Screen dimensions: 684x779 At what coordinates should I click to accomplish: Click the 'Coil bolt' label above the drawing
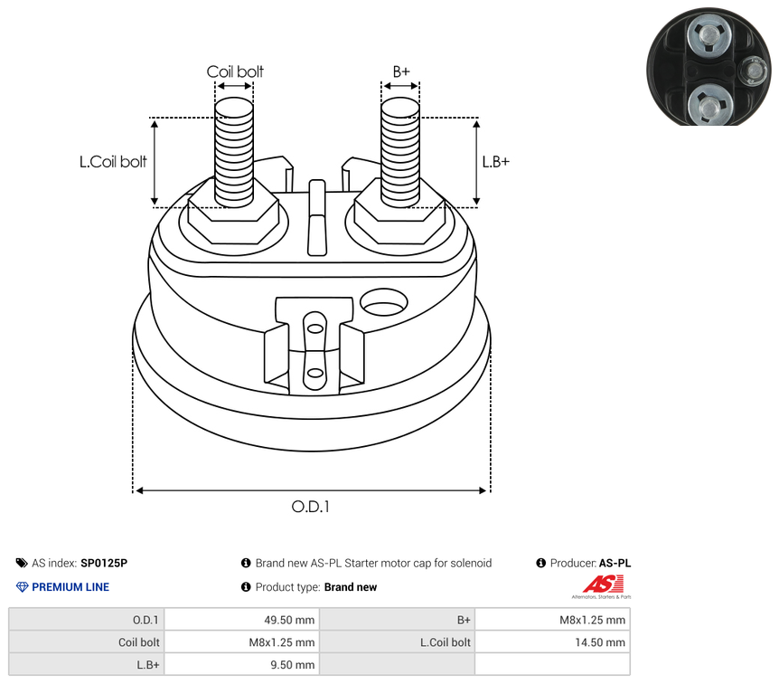[235, 71]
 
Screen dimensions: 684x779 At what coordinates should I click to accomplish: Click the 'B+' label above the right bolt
[401, 71]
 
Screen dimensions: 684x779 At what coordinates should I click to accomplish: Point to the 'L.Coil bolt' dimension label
[113, 162]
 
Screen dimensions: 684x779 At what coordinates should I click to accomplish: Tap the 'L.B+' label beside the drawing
[495, 162]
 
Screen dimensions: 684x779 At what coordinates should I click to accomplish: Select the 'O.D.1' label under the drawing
[310, 507]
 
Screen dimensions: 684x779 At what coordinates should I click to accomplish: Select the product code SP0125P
[104, 563]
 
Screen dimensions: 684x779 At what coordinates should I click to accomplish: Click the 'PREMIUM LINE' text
[70, 587]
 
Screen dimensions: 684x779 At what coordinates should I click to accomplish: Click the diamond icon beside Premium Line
[23, 587]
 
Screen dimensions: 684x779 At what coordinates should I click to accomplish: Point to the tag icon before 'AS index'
[22, 563]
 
